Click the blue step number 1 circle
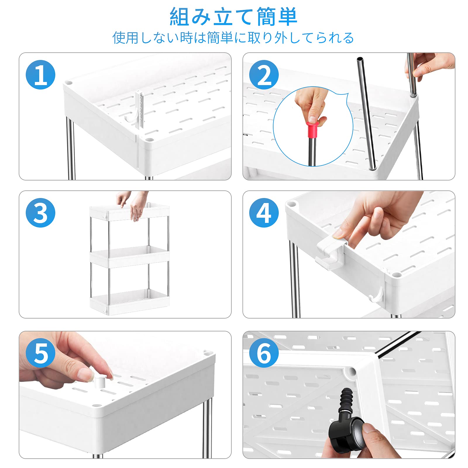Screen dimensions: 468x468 click(x=41, y=75)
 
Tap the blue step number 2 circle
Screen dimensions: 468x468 click(x=264, y=75)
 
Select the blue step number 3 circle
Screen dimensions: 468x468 click(x=41, y=213)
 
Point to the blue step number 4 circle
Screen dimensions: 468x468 click(x=264, y=213)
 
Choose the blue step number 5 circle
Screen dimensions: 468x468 click(x=41, y=353)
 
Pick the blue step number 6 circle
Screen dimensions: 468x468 click(x=264, y=353)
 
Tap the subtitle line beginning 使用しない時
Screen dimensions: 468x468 click(x=233, y=38)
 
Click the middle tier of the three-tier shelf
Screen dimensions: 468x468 click(x=129, y=256)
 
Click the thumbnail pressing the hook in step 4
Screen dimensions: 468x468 click(x=339, y=233)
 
